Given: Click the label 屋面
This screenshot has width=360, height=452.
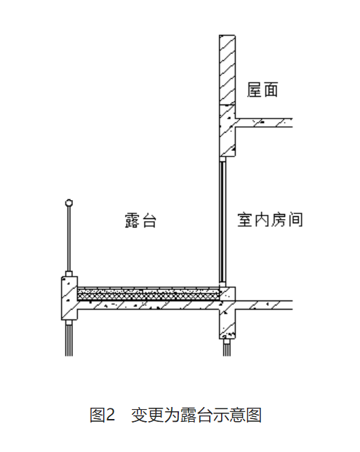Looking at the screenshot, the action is click(262, 90).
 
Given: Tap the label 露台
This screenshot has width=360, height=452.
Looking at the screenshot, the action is click(140, 220).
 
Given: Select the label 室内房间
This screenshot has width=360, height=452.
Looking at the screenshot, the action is click(270, 220).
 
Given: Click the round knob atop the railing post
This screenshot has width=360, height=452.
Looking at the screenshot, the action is click(69, 203).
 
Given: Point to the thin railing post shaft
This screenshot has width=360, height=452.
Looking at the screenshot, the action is click(69, 239).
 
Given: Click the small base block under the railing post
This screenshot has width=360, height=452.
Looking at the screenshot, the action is click(69, 274).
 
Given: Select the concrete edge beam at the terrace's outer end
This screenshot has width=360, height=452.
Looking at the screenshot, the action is click(69, 298).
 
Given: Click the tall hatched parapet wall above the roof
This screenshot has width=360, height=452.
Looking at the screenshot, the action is click(227, 69).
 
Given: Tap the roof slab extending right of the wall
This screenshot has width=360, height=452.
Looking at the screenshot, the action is click(264, 123).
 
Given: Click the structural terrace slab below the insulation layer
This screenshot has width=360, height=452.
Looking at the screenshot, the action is click(149, 305).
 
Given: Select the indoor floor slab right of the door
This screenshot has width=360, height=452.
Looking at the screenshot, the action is click(264, 305).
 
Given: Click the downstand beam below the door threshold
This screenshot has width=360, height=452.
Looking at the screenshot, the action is click(227, 323).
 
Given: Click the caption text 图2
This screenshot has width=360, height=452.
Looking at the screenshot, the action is click(102, 415).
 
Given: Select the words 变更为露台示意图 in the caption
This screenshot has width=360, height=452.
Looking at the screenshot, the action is click(196, 415).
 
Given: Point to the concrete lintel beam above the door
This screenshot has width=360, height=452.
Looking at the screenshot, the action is click(227, 131).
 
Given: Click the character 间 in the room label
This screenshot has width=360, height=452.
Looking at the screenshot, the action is click(295, 220).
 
